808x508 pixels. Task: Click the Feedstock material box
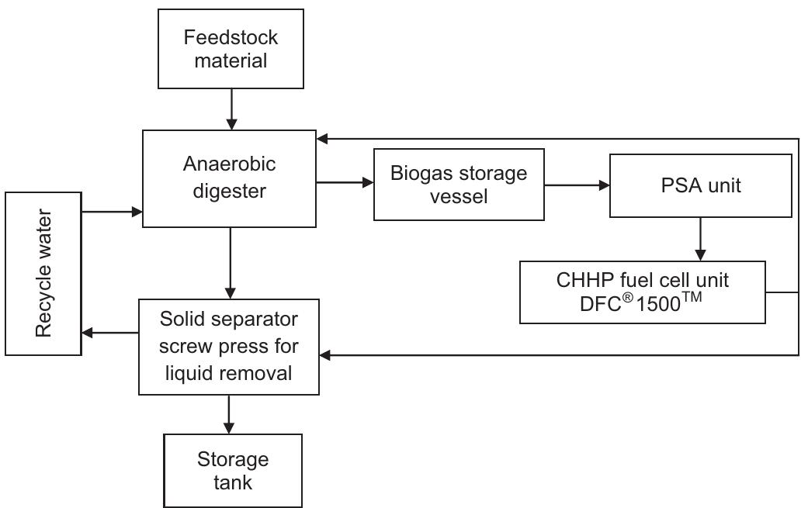(x=231, y=48)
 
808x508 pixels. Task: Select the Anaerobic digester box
(x=230, y=178)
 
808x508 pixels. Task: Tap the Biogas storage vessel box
(x=459, y=185)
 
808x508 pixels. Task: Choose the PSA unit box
(x=700, y=185)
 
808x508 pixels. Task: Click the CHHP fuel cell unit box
(x=642, y=292)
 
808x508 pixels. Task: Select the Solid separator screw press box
(x=229, y=346)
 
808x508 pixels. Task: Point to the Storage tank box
(x=232, y=470)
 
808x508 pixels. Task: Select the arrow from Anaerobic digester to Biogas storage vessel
(x=345, y=183)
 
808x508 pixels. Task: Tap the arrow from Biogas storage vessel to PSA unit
(x=576, y=185)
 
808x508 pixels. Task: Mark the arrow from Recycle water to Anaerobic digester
(x=112, y=210)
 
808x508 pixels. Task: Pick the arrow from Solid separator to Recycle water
(x=110, y=333)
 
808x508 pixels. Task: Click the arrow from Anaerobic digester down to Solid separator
(x=231, y=263)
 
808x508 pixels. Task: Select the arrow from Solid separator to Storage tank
(x=229, y=414)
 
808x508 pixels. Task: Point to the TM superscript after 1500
(x=691, y=295)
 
